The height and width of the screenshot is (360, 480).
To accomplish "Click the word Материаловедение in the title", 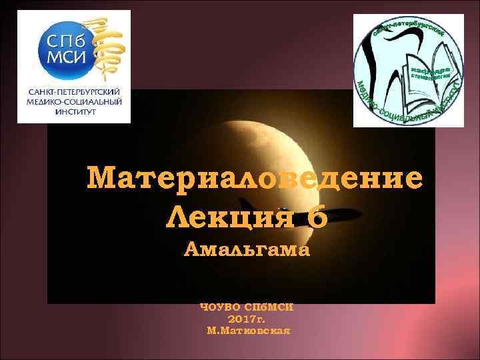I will point(255,179).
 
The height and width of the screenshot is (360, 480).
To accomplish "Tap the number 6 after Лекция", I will point(317,217).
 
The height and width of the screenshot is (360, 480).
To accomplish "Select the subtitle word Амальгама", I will point(247,250).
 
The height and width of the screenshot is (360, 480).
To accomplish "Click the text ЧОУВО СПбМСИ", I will point(247,309).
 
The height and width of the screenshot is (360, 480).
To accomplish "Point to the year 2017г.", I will point(247,319).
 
